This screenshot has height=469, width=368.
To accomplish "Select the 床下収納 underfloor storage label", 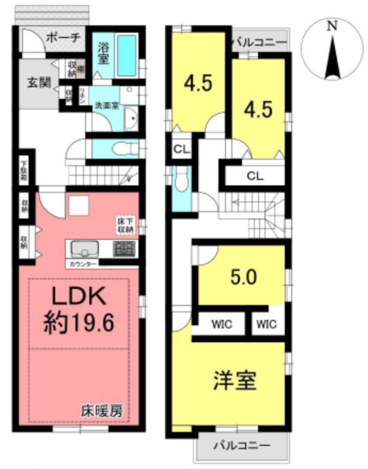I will click(x=126, y=225).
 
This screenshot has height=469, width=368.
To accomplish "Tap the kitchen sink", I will click(x=85, y=248).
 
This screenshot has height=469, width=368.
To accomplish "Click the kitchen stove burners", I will click(x=124, y=249).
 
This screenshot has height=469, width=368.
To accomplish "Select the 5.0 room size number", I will click(x=243, y=277).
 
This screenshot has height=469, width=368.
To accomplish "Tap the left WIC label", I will click(x=222, y=324).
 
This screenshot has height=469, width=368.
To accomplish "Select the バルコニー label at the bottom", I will click(x=242, y=446).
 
